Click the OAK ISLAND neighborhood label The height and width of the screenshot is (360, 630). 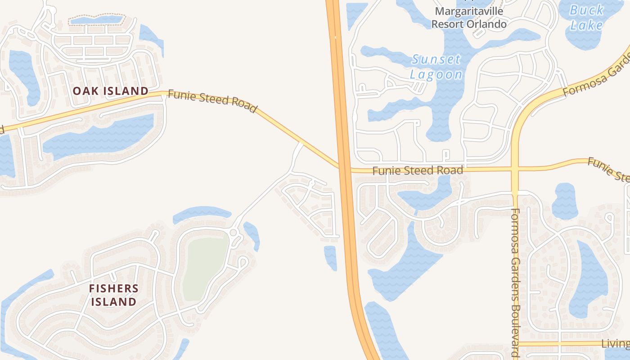click(x=111, y=91)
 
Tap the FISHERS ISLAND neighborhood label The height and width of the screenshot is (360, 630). click(x=113, y=295)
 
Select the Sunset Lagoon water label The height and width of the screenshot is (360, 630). click(x=436, y=67)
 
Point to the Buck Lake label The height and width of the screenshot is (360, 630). click(x=586, y=17)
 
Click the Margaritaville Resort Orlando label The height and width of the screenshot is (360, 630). click(x=469, y=17)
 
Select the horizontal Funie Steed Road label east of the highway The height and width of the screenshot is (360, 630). click(x=418, y=171)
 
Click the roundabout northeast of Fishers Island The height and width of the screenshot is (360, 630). click(x=233, y=233)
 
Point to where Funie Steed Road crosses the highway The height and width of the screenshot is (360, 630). click(x=345, y=169)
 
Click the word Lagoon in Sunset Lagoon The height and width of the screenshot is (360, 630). click(x=436, y=75)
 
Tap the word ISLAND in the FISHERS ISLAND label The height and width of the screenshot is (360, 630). click(x=113, y=301)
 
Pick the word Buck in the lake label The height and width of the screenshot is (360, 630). click(x=586, y=10)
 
